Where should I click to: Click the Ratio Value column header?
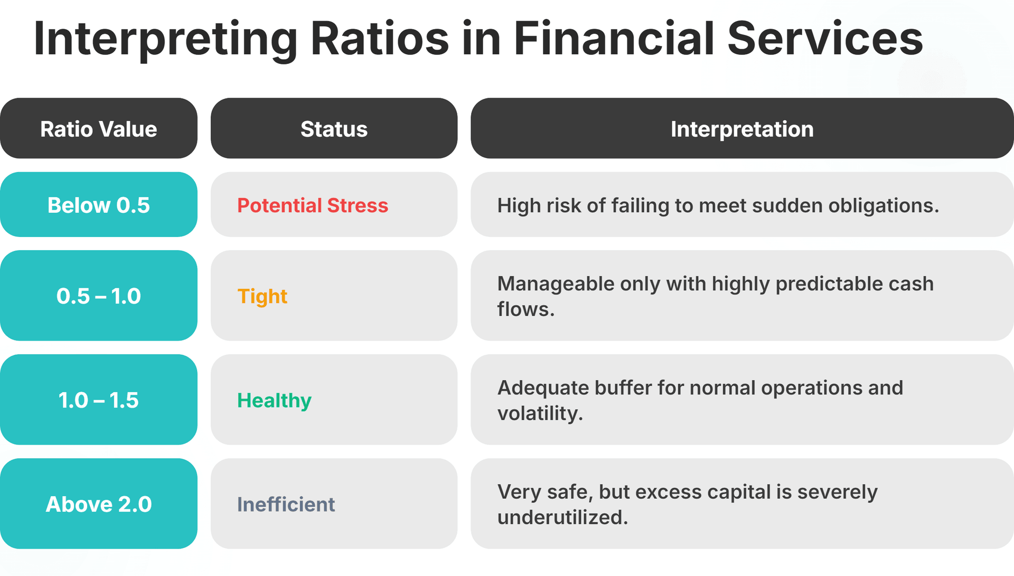(99, 129)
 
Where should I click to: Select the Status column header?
(334, 129)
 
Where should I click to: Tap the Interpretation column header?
(741, 129)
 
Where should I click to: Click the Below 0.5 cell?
(99, 205)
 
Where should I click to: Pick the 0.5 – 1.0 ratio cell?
(99, 296)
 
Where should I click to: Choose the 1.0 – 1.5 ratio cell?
(99, 400)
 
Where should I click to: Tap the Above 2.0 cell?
(99, 504)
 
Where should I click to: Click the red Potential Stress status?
(312, 205)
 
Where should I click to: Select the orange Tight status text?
(262, 296)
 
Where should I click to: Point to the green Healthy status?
(274, 400)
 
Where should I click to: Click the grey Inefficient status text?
(286, 504)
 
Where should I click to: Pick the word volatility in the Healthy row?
(539, 413)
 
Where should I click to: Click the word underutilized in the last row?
(562, 517)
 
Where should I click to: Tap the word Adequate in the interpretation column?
(542, 388)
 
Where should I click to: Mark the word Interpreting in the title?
(165, 40)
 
